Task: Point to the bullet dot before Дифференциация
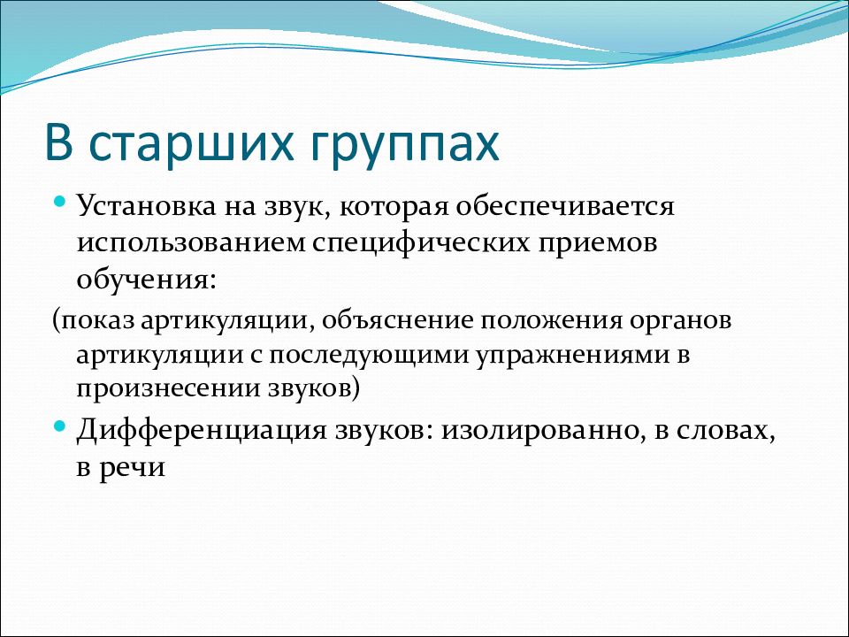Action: pos(60,426)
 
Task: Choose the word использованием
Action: pos(191,242)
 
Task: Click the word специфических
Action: pos(420,242)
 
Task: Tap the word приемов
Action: pos(597,244)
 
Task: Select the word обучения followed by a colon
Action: pos(146,280)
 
